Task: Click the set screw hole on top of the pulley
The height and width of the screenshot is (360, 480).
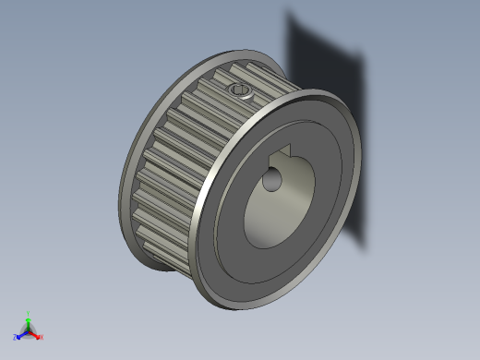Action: coord(240,90)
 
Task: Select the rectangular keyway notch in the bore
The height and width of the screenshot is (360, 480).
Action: coord(283,153)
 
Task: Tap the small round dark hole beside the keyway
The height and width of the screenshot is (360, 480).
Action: coord(271,179)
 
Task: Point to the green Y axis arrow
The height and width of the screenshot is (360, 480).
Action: coord(28,319)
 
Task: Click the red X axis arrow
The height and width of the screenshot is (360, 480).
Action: coord(37,335)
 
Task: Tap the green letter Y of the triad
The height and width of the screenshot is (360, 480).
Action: coord(29,313)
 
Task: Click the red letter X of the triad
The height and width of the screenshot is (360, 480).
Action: coord(42,338)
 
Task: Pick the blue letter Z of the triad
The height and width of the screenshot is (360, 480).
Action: coord(16,338)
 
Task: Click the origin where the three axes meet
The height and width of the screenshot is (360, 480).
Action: coord(29,330)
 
